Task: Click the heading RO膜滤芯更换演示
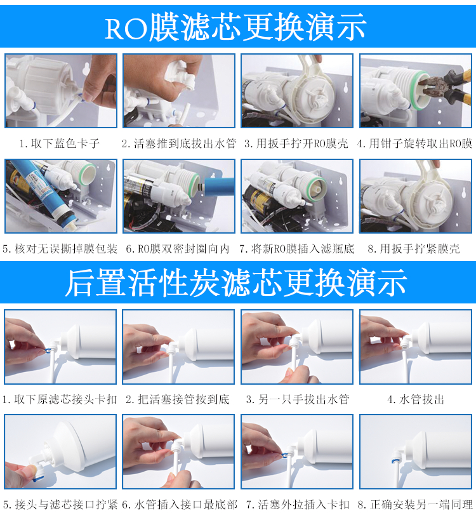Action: click(235, 27)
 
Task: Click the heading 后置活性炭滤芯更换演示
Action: click(236, 282)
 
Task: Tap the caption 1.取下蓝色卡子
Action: click(60, 143)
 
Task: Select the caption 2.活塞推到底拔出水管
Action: click(179, 143)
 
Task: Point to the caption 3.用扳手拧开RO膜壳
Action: click(296, 143)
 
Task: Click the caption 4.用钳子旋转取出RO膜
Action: click(414, 143)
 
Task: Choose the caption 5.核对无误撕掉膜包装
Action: click(60, 248)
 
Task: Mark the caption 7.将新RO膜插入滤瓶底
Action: click(296, 248)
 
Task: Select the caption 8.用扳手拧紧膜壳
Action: click(414, 248)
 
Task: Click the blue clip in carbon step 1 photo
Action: click(49, 349)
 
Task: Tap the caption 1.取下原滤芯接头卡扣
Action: click(60, 399)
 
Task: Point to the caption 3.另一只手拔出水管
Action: click(298, 399)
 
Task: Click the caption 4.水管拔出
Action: click(416, 399)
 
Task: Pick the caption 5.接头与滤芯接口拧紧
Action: click(60, 505)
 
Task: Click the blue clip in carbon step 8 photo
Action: click(396, 460)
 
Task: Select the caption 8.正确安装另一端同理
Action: click(415, 505)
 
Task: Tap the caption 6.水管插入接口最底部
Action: click(180, 505)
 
